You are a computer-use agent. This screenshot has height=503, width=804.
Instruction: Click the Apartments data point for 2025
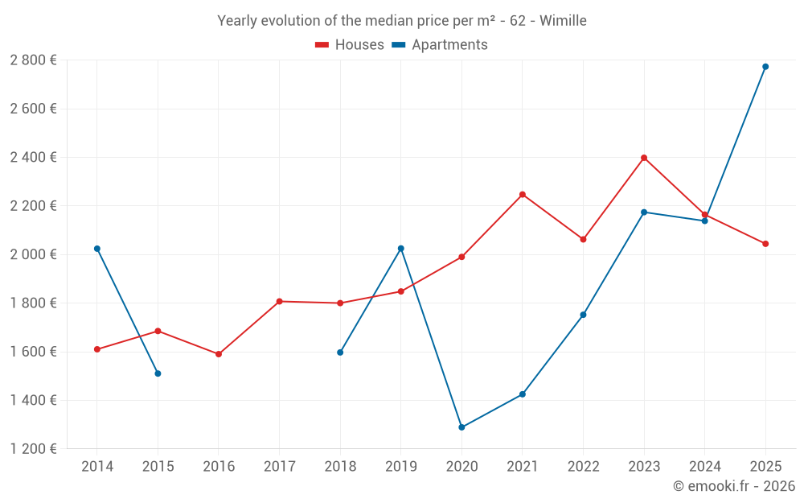(765, 67)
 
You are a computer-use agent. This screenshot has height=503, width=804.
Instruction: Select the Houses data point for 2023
(644, 158)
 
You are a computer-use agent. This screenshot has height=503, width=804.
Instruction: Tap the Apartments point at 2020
(461, 427)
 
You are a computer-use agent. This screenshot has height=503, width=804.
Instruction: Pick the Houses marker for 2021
(523, 195)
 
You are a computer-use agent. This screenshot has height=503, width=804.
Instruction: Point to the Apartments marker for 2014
(97, 249)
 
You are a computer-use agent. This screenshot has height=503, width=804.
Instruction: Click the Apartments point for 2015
(158, 373)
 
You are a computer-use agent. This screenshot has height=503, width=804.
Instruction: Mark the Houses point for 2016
(219, 354)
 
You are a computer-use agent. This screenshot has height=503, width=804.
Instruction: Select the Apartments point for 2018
(340, 353)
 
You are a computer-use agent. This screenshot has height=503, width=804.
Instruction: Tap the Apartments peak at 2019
(401, 249)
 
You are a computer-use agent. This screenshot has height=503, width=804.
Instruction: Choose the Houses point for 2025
(765, 244)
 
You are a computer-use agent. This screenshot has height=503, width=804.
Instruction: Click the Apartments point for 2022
(583, 315)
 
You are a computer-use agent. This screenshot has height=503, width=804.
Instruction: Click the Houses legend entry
(350, 45)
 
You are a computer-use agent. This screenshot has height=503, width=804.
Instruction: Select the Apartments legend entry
(440, 45)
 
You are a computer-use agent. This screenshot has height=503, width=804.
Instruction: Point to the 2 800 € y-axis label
(33, 60)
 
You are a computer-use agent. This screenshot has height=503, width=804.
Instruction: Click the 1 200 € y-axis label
(33, 449)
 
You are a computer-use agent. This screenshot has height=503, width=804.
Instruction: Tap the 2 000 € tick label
(33, 254)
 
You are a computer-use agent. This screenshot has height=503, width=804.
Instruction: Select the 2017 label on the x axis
(279, 467)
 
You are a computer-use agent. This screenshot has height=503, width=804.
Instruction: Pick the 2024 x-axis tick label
(704, 467)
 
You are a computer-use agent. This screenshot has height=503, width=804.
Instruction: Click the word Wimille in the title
(563, 21)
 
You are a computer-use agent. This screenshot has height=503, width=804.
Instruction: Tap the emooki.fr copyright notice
(734, 486)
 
